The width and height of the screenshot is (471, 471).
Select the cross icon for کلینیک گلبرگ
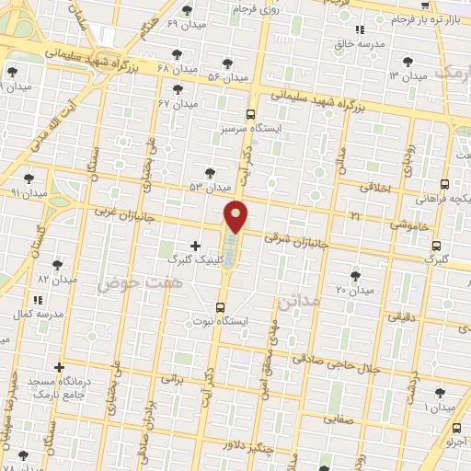194,246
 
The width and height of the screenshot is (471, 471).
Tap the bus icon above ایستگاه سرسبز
251,114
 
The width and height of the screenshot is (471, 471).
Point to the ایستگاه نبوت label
221,321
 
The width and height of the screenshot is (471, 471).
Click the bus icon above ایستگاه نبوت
221,307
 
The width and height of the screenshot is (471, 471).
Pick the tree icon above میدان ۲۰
355,276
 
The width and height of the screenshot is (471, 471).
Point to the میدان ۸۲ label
55,278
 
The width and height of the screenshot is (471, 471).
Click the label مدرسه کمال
37,315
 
